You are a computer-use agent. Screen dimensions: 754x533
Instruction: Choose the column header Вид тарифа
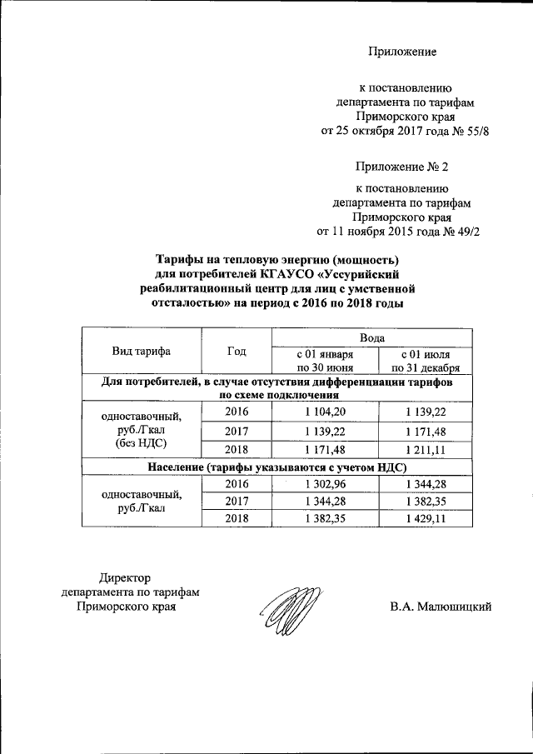pyautogui.click(x=142, y=351)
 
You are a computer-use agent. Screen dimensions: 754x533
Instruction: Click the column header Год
pyautogui.click(x=237, y=351)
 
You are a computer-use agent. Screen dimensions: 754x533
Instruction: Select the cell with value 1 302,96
pyautogui.click(x=326, y=484)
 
